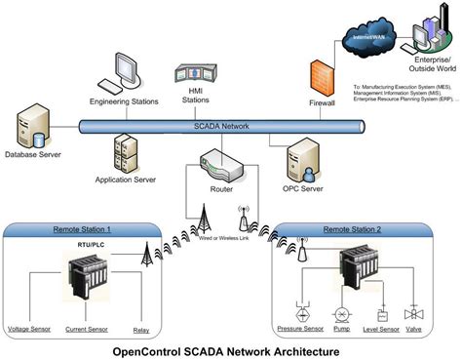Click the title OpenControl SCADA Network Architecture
click(x=231, y=349)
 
